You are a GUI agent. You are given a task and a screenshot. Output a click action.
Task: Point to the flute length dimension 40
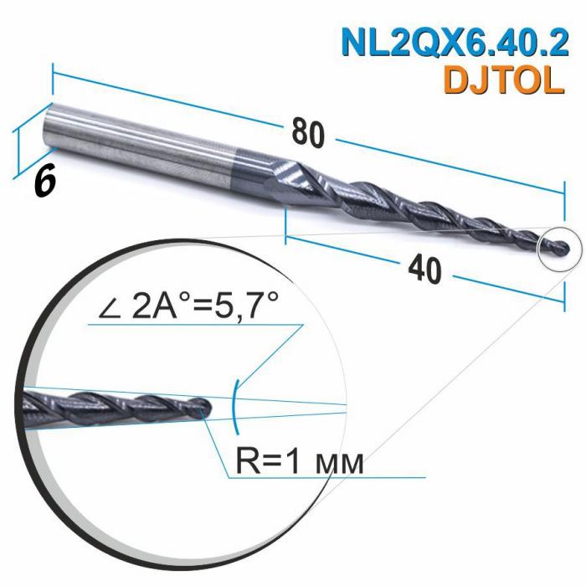coord(428,270)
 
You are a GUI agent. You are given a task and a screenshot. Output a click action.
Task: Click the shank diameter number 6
coord(45,180)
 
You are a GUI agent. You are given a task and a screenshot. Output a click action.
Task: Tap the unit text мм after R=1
coord(342,463)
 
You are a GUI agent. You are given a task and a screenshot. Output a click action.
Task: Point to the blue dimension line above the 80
coord(184,105)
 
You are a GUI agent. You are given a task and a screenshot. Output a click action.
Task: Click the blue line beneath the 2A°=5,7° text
coord(193,327)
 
